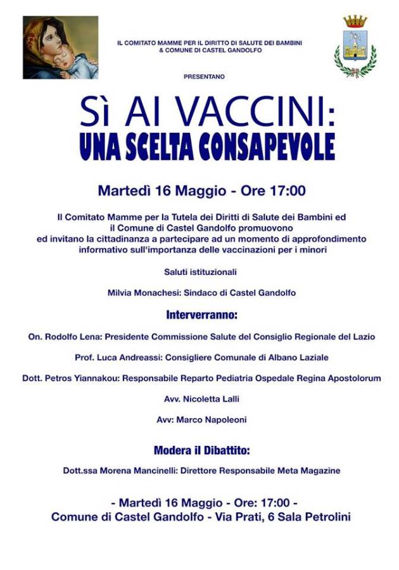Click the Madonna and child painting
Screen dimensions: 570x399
[x=60, y=47]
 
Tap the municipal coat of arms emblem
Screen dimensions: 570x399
[x=355, y=47]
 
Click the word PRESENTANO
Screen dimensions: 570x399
[x=204, y=77]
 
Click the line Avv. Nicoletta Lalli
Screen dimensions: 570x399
[x=201, y=399]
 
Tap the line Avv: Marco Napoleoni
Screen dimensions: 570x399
[x=201, y=419]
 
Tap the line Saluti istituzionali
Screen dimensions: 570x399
[x=201, y=272]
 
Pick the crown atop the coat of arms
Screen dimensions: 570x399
[x=355, y=22]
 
